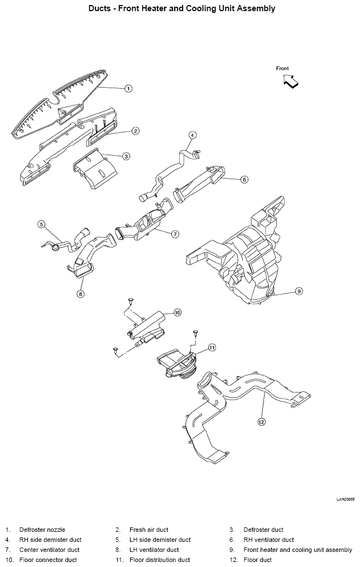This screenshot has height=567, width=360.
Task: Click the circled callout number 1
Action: pyautogui.click(x=128, y=88)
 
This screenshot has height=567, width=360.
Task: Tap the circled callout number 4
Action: pyautogui.click(x=193, y=135)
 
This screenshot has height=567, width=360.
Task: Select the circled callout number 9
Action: pyautogui.click(x=299, y=291)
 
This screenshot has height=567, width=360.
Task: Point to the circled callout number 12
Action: pyautogui.click(x=261, y=421)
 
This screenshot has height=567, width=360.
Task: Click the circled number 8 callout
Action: pyautogui.click(x=81, y=294)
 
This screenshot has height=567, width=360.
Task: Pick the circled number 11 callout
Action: pyautogui.click(x=212, y=348)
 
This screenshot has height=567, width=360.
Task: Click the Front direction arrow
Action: pyautogui.click(x=291, y=81)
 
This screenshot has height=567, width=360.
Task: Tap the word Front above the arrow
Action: pyautogui.click(x=282, y=68)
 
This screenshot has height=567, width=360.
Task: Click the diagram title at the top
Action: pyautogui.click(x=182, y=8)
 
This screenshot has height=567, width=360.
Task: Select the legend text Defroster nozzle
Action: pyautogui.click(x=42, y=530)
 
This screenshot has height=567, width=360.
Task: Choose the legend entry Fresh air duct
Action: pyautogui.click(x=148, y=530)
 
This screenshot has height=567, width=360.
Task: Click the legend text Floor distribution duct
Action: pyautogui.click(x=160, y=560)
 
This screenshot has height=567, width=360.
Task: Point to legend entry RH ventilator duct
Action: pyautogui.click(x=268, y=540)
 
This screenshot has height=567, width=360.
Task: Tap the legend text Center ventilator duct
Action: pyautogui.click(x=50, y=550)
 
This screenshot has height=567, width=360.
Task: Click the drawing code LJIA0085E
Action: pyautogui.click(x=345, y=499)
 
